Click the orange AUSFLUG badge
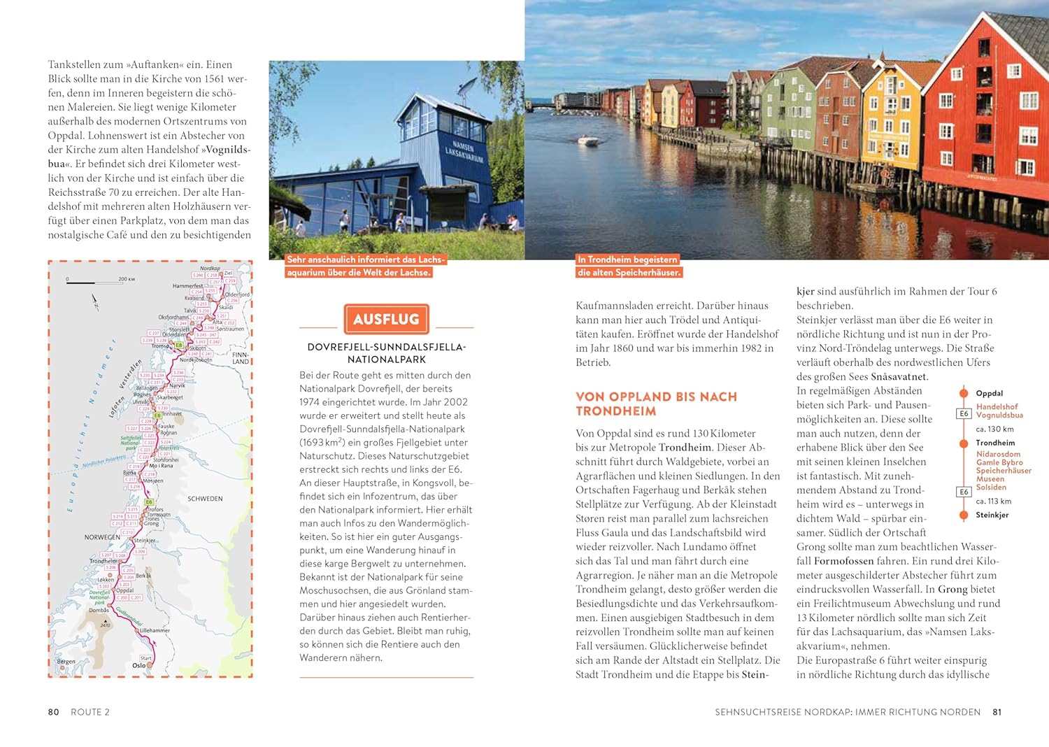(386, 320)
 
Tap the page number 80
(54, 712)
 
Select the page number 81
(997, 712)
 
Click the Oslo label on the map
(139, 665)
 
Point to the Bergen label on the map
(66, 661)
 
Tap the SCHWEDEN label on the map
(205, 499)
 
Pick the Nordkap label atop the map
(210, 268)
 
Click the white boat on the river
(587, 140)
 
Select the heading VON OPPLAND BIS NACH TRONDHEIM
(656, 404)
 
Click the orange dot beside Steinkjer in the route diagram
(963, 515)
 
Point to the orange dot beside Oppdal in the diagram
(963, 393)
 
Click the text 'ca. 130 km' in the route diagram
(994, 429)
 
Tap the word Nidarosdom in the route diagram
(998, 454)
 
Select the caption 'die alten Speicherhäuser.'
(629, 272)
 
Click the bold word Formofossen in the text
(843, 561)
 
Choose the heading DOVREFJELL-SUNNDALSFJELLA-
(387, 347)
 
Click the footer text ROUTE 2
(90, 712)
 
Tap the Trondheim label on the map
(104, 561)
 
